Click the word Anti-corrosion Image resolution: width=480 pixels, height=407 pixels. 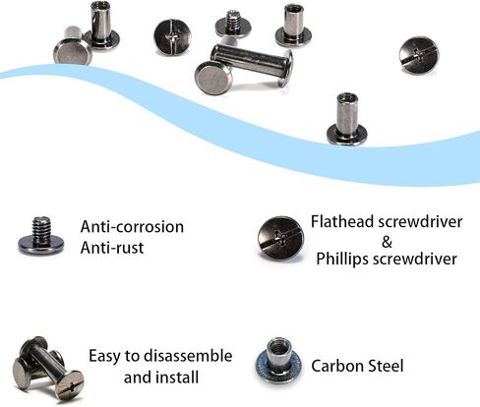click(132, 227)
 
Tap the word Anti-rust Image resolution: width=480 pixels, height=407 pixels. click(112, 248)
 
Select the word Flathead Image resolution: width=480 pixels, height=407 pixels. click(342, 222)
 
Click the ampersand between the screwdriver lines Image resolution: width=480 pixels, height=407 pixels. click(387, 243)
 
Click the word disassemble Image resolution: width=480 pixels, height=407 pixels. click(188, 356)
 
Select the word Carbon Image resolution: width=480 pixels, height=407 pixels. click(337, 366)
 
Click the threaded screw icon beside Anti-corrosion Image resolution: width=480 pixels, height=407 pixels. click(40, 236)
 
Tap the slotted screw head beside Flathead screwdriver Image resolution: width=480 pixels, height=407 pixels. click(280, 239)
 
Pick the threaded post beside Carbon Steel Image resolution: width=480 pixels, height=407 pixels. click(278, 361)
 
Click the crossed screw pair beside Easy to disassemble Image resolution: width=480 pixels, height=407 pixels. click(48, 369)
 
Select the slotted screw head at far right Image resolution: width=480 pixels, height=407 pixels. click(419, 55)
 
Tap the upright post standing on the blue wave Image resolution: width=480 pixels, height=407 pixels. click(347, 119)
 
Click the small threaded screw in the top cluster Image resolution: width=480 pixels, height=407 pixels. click(233, 24)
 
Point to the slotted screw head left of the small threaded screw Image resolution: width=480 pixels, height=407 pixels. click(172, 37)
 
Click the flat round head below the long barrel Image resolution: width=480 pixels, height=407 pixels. click(213, 78)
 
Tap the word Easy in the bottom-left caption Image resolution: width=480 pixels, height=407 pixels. click(104, 357)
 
